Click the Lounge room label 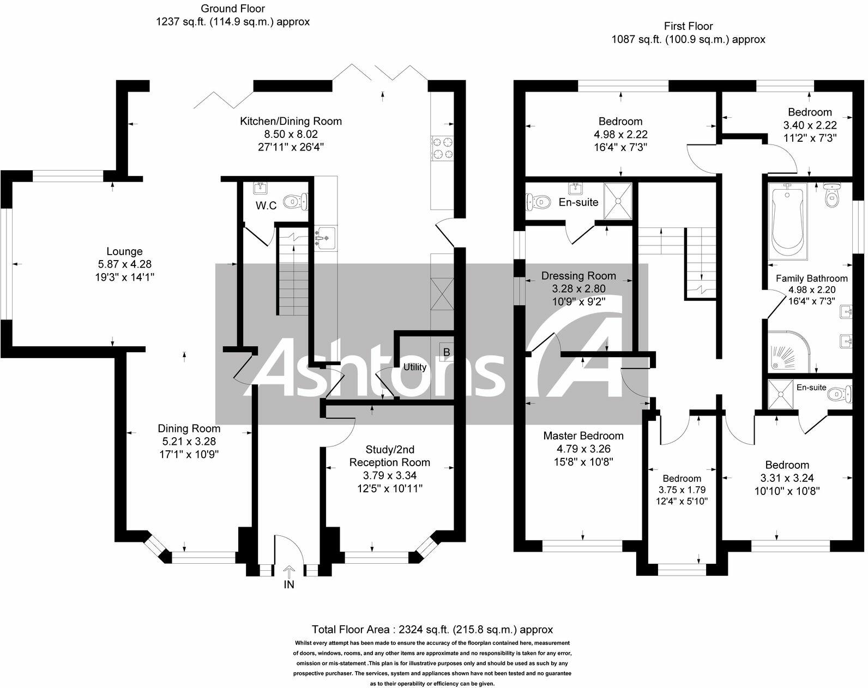point(124,251)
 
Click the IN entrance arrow point(289,576)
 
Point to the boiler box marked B point(446,353)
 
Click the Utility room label point(414,367)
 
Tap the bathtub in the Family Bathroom point(787,220)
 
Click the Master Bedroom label point(583,436)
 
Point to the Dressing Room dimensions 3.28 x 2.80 point(578,288)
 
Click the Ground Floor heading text point(233,9)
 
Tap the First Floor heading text point(688,26)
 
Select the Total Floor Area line point(432,630)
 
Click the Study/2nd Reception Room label point(389,456)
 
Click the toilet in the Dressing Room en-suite point(537,202)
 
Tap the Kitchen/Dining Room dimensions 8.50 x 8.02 point(291,134)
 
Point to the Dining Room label point(189,429)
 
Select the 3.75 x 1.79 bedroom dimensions point(682,490)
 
